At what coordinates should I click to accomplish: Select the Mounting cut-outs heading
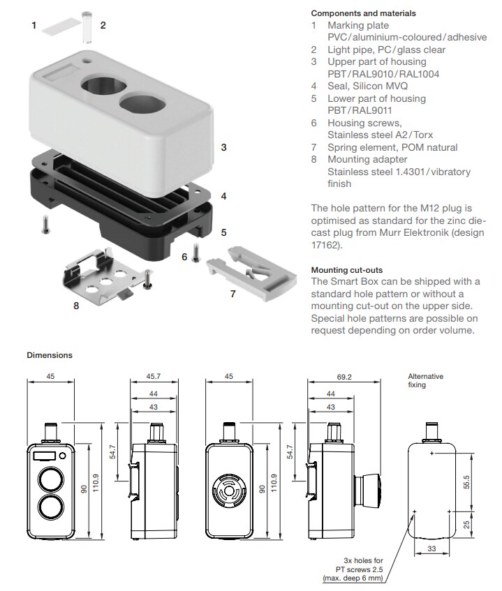click(346, 269)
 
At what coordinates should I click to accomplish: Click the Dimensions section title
click(50, 355)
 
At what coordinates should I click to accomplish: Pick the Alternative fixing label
click(425, 380)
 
